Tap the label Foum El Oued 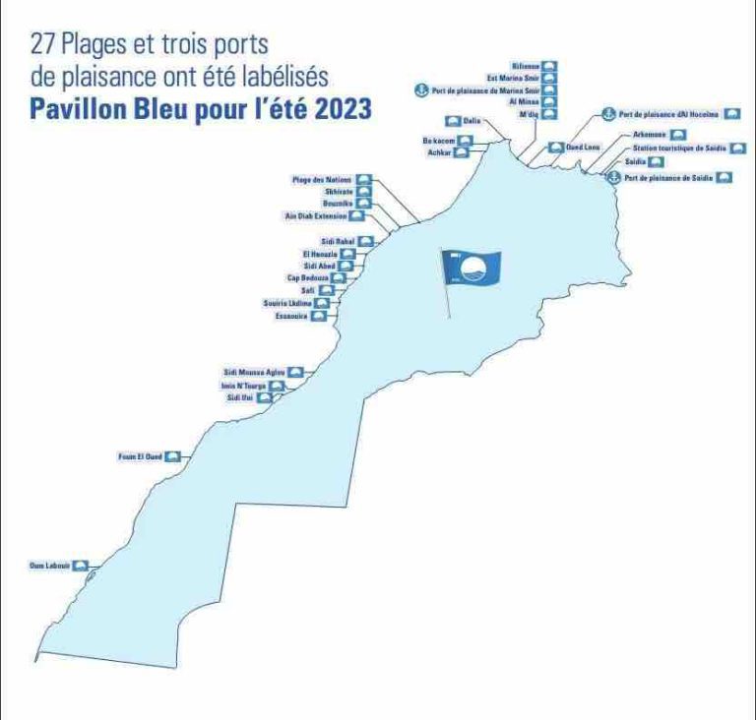139,457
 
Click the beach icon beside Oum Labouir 82,566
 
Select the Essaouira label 292,317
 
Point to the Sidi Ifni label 240,398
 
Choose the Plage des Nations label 322,180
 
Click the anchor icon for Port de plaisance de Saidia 612,178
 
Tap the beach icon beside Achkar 465,152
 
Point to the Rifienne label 526,66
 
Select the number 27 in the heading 44,44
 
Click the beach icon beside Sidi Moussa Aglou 294,373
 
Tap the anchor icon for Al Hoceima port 609,115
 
